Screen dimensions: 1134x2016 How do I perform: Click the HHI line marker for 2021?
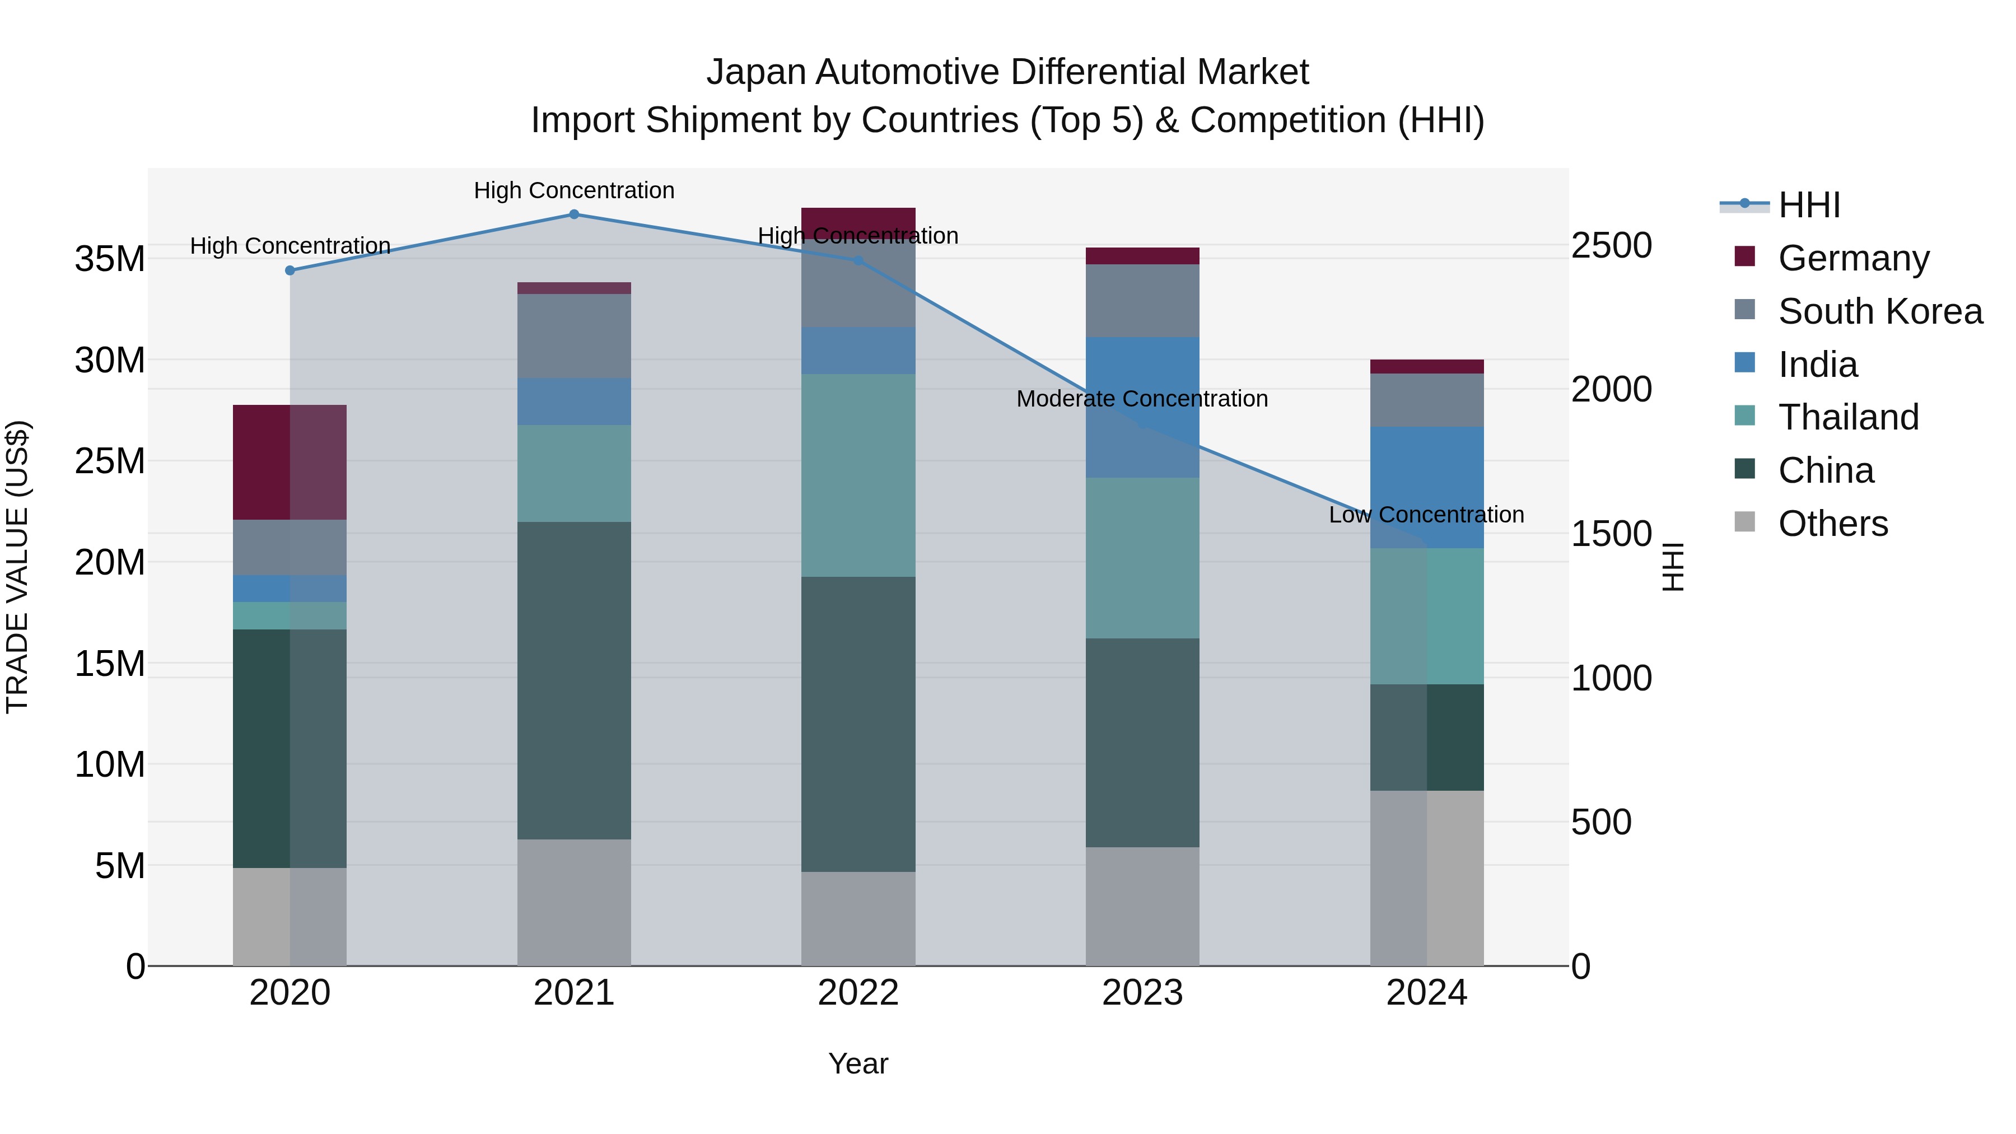coord(573,214)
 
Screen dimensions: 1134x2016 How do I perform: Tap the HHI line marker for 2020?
coord(290,271)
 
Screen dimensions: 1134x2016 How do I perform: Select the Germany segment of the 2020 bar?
coord(290,463)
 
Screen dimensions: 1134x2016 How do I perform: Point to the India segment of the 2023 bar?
coord(1142,407)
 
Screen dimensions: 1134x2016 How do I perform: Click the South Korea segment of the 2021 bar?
coord(573,336)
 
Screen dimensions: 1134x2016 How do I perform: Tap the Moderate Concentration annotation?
coord(1142,399)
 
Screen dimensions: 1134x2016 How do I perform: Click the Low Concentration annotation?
coord(1426,515)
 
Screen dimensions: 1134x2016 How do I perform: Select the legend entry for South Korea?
coord(1880,311)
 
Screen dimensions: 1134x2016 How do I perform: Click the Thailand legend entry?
coord(1848,417)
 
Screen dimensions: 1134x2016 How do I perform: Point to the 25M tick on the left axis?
coord(110,461)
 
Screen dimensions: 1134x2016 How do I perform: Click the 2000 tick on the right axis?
coord(1611,389)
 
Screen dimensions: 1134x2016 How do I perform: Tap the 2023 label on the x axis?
coord(1142,993)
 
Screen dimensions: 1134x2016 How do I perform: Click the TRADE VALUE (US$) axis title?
coord(18,567)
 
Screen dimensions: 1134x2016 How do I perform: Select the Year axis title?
coord(858,1063)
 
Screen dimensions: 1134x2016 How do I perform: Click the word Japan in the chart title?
coord(755,72)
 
